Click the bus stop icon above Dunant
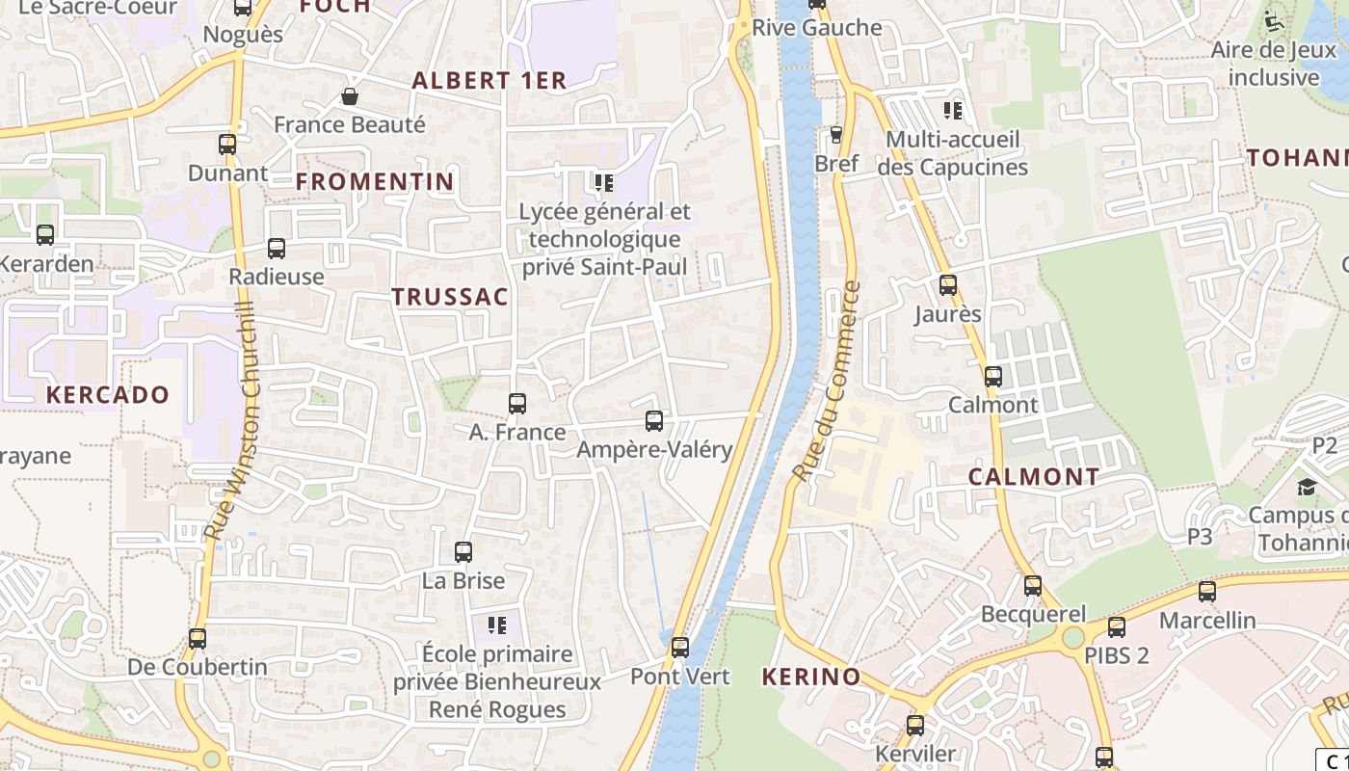coord(227,145)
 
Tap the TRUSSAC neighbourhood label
coord(450,297)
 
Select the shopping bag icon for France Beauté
coord(350,96)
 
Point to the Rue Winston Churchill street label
coord(231,419)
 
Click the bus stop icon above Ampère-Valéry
coord(654,421)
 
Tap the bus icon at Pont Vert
coord(680,648)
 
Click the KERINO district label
coord(811,677)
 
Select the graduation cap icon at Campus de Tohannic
coord(1307,487)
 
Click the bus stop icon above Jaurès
coord(948,285)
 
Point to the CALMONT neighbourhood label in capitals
coord(1034,477)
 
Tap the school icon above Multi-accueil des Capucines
coord(953,111)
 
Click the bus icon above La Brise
coord(463,552)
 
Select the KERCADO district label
coord(108,394)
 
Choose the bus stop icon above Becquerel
coord(1033,585)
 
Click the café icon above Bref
coord(836,135)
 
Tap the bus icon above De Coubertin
coord(198,638)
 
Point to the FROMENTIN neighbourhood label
coord(375,181)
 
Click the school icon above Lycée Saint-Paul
coord(604,182)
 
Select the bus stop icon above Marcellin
coord(1207,592)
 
